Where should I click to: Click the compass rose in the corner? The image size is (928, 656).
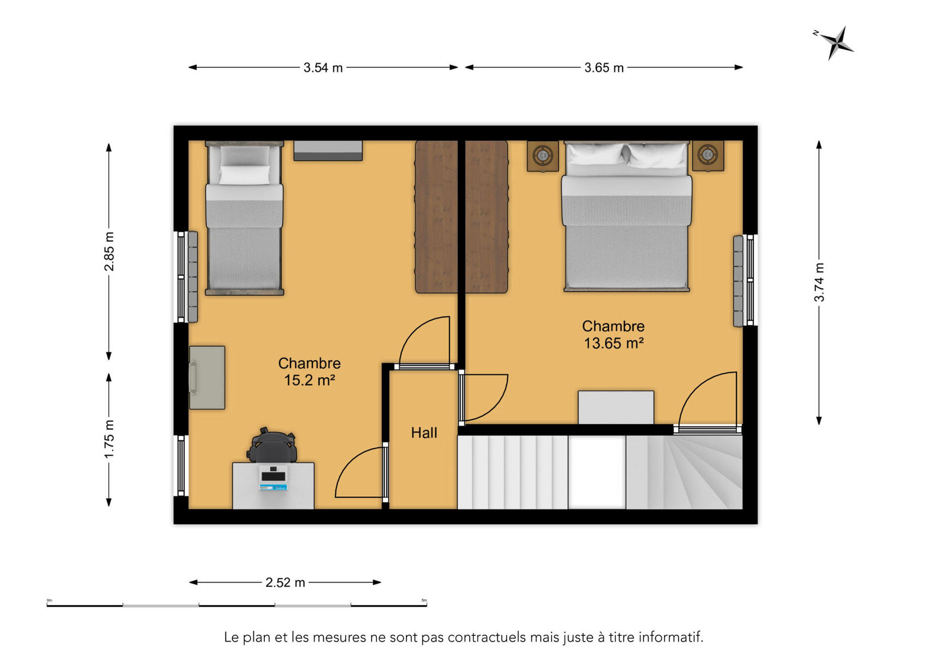click(x=837, y=43)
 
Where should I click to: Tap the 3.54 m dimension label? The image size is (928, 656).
click(x=323, y=67)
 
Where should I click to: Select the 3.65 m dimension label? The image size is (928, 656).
click(x=604, y=67)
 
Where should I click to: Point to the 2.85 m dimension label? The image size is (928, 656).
click(x=109, y=251)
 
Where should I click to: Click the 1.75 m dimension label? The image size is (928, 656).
click(x=109, y=439)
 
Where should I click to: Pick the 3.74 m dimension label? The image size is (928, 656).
click(x=819, y=282)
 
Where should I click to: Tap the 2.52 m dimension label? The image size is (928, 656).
click(x=285, y=583)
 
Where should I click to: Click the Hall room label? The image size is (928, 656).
click(x=424, y=433)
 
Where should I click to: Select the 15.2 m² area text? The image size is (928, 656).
click(x=310, y=380)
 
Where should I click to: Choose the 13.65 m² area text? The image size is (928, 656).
click(x=613, y=343)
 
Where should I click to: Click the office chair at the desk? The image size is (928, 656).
click(x=272, y=446)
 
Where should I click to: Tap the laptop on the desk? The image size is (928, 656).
click(x=274, y=478)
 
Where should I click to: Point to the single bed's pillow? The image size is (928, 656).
click(x=245, y=174)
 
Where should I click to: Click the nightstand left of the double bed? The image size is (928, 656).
click(x=543, y=156)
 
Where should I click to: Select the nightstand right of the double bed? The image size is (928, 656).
click(x=708, y=156)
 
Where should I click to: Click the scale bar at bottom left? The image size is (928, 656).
click(x=236, y=605)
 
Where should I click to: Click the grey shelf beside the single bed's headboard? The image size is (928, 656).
click(x=328, y=151)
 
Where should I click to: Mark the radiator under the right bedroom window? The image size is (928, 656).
click(x=738, y=281)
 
